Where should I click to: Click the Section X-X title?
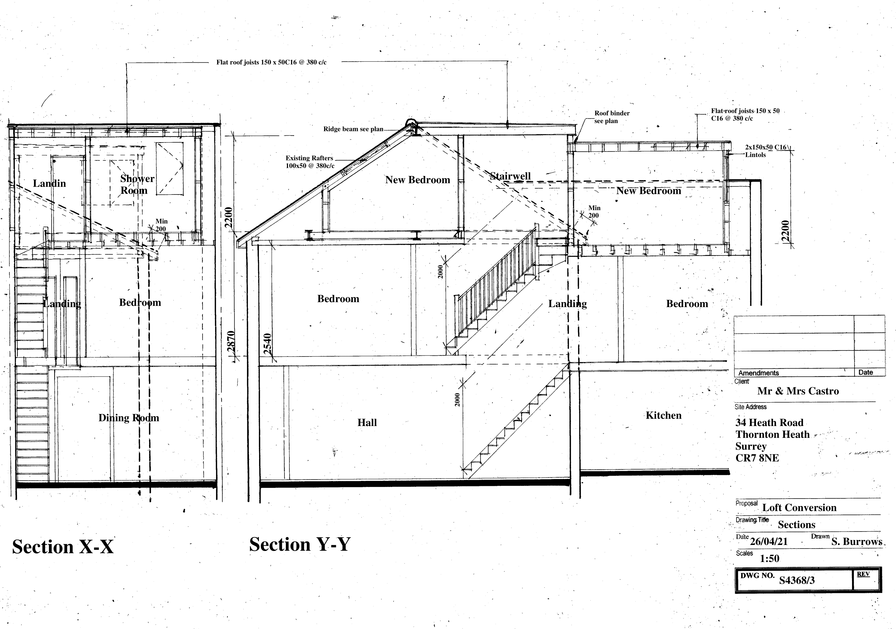[63, 547]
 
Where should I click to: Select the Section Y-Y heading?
[300, 544]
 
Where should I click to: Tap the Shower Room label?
[137, 185]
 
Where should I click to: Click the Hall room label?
[367, 423]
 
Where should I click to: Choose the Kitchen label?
[663, 415]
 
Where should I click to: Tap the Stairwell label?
[510, 176]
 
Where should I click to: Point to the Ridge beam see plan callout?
[353, 129]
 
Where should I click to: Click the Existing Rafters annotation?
[310, 162]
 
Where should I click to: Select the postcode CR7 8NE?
[757, 458]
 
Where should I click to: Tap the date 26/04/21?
[768, 542]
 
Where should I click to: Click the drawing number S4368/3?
[797, 581]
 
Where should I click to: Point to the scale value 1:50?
[770, 558]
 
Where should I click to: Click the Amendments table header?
[758, 373]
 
